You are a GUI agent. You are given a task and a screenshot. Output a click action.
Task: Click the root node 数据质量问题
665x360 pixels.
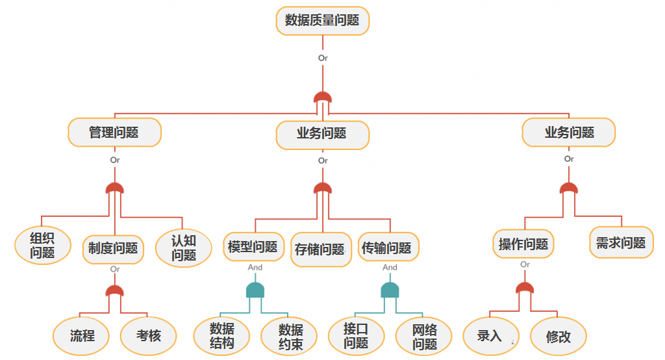[x=322, y=20]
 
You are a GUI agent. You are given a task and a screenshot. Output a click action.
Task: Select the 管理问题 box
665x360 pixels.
[x=114, y=133]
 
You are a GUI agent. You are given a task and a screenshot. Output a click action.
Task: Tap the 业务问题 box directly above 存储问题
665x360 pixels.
[x=322, y=134]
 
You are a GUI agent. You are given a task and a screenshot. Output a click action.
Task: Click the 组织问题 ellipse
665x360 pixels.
[x=42, y=246]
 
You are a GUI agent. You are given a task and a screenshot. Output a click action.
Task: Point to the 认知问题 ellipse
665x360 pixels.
[x=184, y=248]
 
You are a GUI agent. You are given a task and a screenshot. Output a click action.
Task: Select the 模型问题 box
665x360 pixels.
[x=253, y=247]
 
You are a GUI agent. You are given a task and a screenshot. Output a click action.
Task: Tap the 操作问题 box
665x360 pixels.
[x=523, y=244]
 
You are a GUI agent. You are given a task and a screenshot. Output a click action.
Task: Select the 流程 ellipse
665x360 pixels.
[x=82, y=336]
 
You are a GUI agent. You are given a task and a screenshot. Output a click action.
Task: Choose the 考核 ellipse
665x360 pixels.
[x=149, y=336]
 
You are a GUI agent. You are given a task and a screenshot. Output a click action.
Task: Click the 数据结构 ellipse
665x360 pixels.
[x=222, y=336]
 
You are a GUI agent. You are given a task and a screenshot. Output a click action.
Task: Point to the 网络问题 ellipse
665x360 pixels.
[x=425, y=336]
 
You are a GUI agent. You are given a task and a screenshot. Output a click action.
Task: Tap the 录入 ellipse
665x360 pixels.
[x=490, y=336]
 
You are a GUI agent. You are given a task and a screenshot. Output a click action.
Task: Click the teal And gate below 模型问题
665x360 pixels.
[x=255, y=290]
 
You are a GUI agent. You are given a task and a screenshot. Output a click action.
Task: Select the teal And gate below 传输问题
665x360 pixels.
[x=390, y=290]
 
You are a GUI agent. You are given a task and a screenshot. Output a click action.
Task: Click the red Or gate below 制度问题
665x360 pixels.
[x=115, y=292]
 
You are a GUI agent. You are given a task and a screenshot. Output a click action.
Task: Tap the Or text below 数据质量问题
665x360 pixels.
[x=323, y=58]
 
